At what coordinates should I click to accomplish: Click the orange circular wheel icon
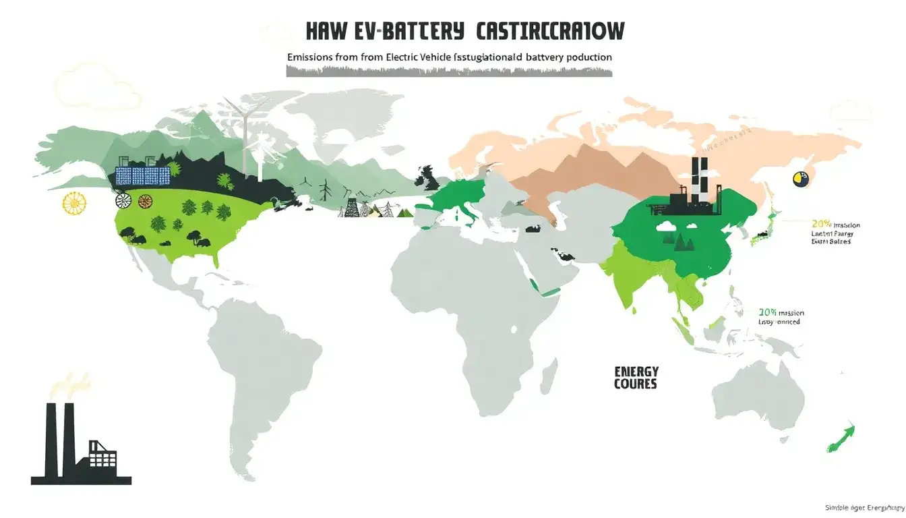click(x=145, y=200)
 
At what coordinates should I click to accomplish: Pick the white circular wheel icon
click(x=123, y=200)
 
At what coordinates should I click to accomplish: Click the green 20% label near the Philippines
click(x=768, y=313)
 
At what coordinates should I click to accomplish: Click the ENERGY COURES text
click(x=636, y=378)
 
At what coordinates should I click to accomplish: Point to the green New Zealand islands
click(x=843, y=436)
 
